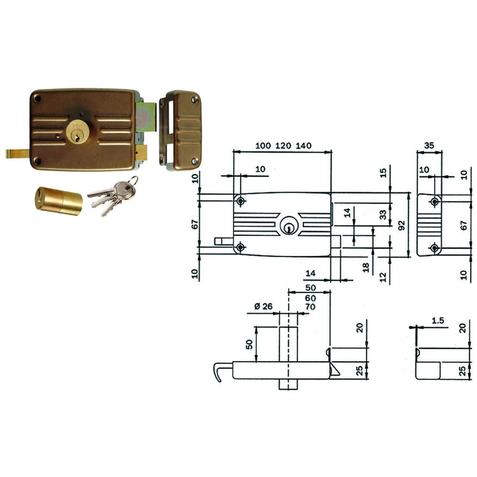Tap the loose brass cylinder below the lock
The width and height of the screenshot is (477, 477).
point(58,201)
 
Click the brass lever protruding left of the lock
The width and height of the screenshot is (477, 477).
point(18,153)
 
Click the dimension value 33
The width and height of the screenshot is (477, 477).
point(383,215)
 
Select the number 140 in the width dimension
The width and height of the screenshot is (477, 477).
point(304,146)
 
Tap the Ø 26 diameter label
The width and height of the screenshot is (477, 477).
point(263,306)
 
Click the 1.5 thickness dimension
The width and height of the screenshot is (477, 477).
point(438,321)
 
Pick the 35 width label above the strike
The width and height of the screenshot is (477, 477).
point(429,145)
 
